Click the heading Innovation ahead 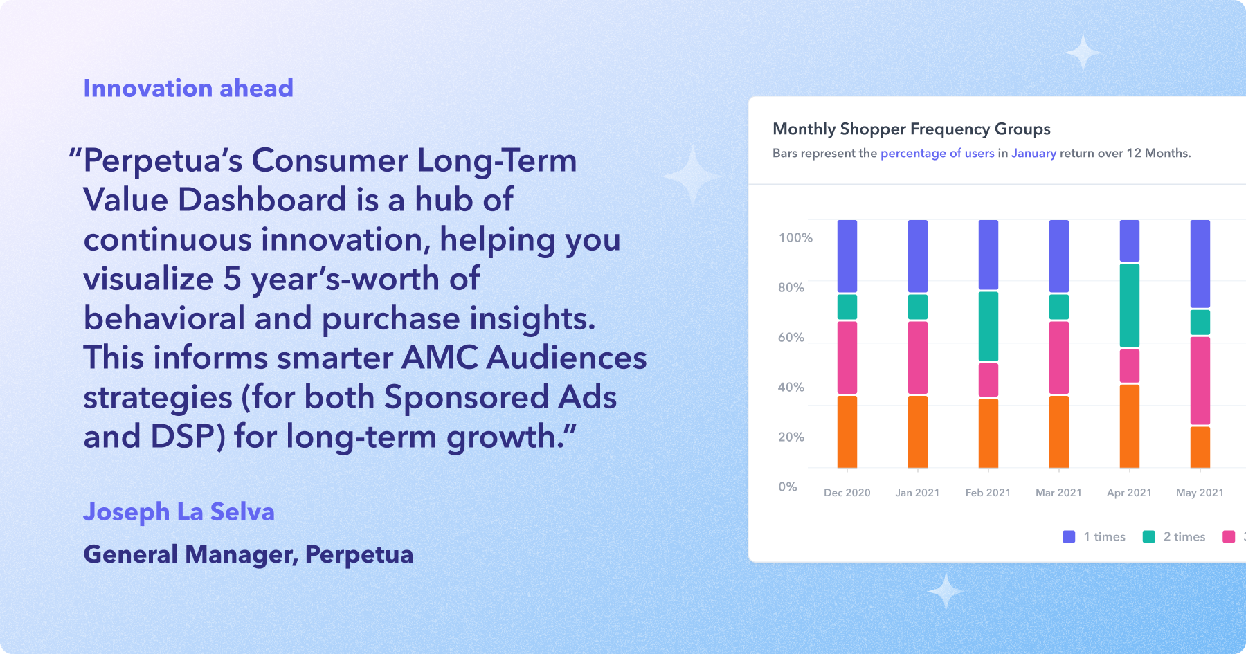point(188,88)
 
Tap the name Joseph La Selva point(179,511)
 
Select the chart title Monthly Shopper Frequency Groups point(911,129)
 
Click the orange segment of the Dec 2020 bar point(847,432)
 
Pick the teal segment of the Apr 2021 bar point(1130,305)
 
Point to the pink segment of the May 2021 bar point(1200,381)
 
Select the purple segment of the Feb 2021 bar point(988,255)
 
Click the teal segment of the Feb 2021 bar point(988,326)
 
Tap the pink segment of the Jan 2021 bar point(918,358)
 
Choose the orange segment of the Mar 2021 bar point(1059,432)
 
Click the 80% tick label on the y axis point(791,287)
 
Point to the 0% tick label point(788,487)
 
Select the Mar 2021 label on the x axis point(1058,493)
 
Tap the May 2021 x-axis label point(1200,493)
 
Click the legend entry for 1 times point(1094,536)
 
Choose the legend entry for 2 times point(1174,536)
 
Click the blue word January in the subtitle point(1033,153)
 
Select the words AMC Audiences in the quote point(524,358)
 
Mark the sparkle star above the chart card point(1083,52)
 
